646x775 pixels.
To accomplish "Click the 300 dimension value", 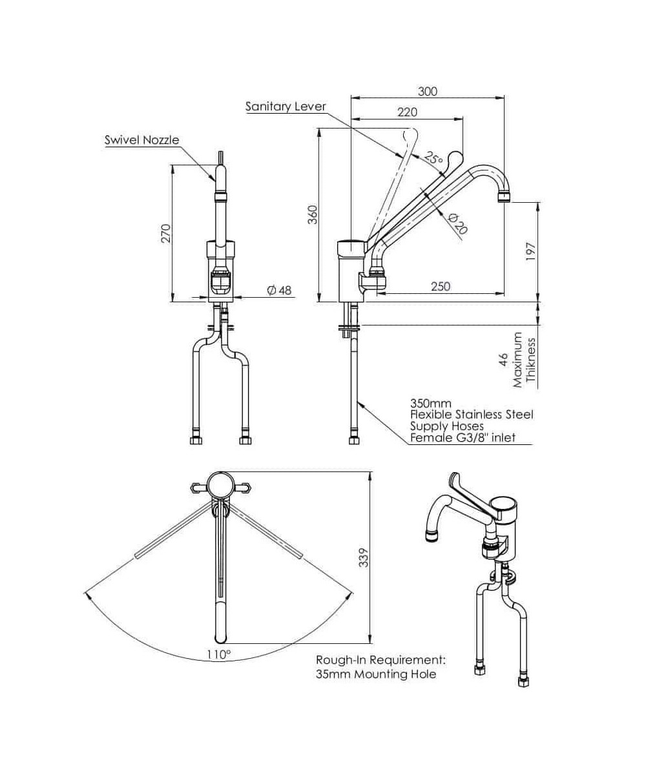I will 427,92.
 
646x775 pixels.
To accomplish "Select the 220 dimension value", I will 407,112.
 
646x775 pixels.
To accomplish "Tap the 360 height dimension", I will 313,214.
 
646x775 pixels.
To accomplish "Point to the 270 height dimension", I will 165,232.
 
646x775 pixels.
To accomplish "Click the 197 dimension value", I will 531,251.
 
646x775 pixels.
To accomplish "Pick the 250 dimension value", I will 440,286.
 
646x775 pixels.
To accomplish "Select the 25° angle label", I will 433,158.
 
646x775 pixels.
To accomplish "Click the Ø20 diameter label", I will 458,223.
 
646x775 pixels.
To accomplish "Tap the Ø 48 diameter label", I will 279,291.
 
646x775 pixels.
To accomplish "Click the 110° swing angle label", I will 219,654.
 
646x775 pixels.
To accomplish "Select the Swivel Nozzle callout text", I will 141,139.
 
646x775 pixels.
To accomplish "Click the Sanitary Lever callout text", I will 286,107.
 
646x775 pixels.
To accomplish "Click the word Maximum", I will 517,360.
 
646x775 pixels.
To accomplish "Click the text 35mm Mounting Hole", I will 376,674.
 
